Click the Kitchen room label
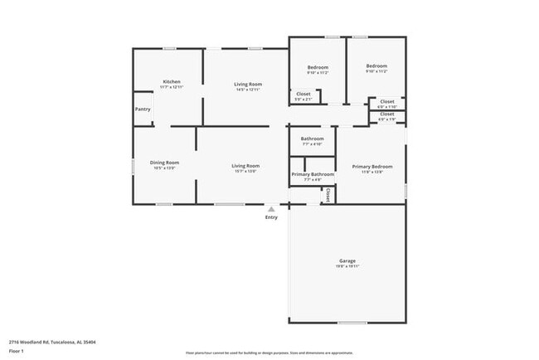click(x=171, y=81)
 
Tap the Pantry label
click(x=143, y=109)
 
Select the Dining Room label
click(x=164, y=163)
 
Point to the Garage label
click(x=347, y=260)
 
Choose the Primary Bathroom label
click(x=313, y=174)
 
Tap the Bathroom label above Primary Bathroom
click(x=312, y=139)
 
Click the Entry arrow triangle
click(x=270, y=209)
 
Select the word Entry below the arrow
click(x=271, y=217)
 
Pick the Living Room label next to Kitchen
click(x=247, y=84)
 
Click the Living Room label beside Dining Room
click(x=245, y=166)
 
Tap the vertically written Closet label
click(x=328, y=195)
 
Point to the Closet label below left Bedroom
click(x=303, y=94)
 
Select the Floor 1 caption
click(x=17, y=350)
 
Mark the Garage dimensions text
click(x=347, y=266)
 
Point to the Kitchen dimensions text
click(x=171, y=87)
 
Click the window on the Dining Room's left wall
click(x=133, y=166)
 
